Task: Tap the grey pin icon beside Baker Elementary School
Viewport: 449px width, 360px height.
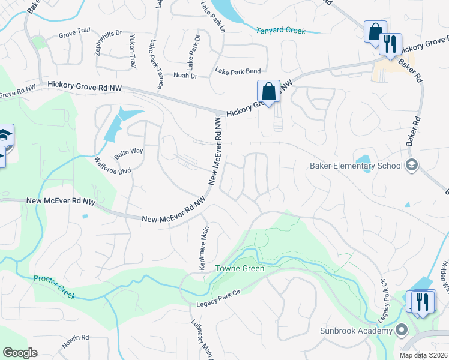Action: pos(412,165)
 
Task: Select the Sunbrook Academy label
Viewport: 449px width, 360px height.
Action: pos(360,330)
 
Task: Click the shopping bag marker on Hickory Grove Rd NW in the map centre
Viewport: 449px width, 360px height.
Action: pos(269,92)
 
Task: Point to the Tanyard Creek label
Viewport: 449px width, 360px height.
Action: pos(281,31)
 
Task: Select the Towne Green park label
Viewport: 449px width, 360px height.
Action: pos(240,268)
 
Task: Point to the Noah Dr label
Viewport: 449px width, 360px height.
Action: pos(185,76)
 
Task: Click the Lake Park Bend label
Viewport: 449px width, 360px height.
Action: pos(238,71)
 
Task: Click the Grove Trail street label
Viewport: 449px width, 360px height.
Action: pos(73,35)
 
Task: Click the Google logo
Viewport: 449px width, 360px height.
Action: pos(20,353)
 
